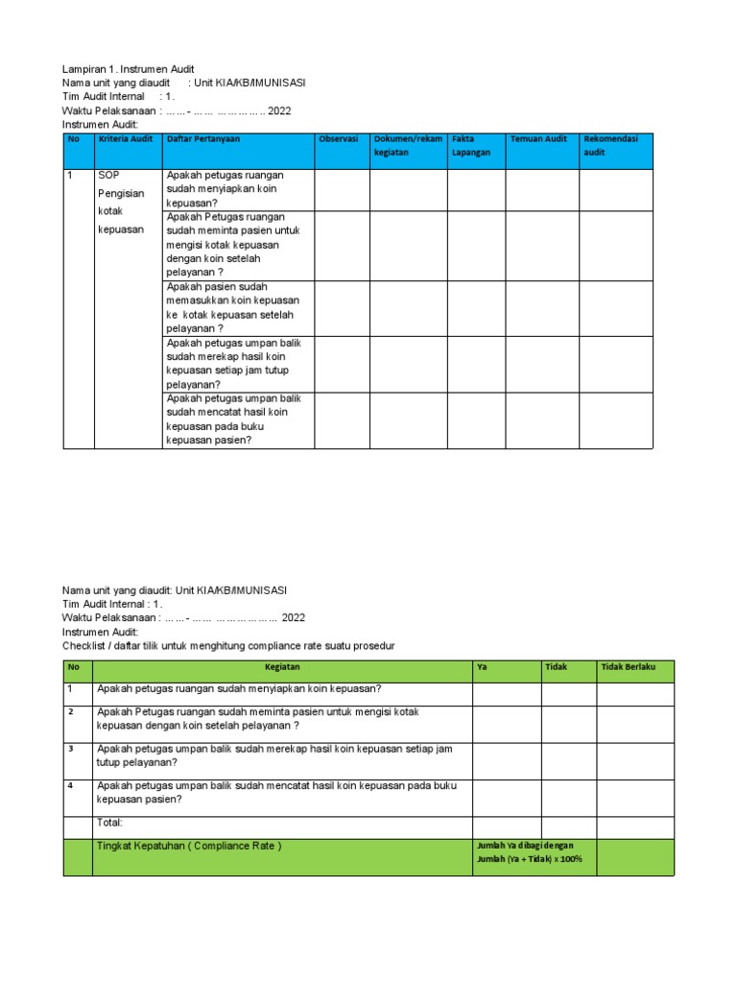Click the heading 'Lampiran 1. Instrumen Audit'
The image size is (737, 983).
coord(129,69)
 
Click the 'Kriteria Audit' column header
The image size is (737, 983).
coord(126,140)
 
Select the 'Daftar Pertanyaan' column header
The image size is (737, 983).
coord(203,140)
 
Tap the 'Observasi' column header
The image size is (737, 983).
coord(339,140)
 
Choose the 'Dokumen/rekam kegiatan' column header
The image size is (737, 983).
coord(408,146)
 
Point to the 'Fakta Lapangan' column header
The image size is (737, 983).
coord(471,146)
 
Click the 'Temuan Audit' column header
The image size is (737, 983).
coord(538,140)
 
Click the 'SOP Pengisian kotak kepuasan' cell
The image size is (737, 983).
coord(121,203)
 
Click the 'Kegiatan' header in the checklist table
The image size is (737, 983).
coord(282,667)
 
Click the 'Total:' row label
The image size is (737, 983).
coord(110,823)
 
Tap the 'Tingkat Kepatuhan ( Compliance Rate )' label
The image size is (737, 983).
coord(190,846)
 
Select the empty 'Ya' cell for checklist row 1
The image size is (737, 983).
coord(506,693)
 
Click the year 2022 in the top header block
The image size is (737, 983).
coord(279,110)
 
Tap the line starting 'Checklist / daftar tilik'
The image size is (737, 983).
coord(228,646)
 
